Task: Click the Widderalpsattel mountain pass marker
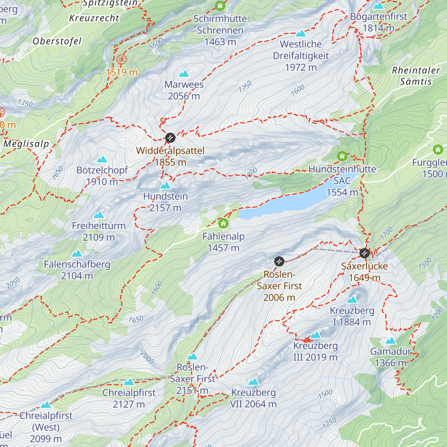pos(170,138)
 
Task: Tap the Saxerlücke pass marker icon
pos(364,253)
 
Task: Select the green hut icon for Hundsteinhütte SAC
pos(342,156)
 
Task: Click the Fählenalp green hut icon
pos(223,223)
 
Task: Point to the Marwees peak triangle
pos(184,74)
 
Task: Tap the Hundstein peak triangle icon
pos(165,186)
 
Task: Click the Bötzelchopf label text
pos(102,170)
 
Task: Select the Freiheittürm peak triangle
pos(99,215)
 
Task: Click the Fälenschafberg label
pos(77,264)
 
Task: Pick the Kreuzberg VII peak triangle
pos(253,381)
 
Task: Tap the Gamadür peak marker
pos(391,341)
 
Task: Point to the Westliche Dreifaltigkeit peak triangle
pos(301,34)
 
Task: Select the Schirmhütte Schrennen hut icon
pos(220,6)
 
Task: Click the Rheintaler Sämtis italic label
pos(416,76)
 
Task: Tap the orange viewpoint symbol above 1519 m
pos(121,59)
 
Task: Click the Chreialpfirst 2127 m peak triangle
pos(129,382)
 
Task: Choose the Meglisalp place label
pos(26,144)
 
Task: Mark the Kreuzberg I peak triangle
pos(352,299)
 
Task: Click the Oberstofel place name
pos(57,41)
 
